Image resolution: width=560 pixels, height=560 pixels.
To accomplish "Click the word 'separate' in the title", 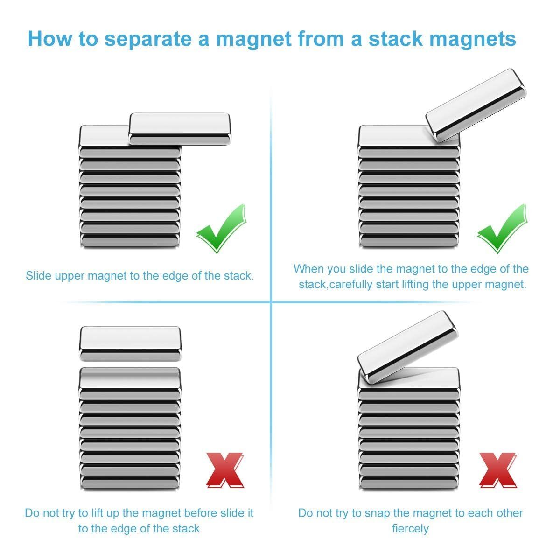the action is click(148, 39).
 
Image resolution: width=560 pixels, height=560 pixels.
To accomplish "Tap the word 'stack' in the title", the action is click(396, 39).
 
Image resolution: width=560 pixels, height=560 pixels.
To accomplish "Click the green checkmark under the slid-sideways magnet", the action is click(221, 228).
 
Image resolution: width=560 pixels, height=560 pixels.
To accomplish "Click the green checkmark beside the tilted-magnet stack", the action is click(502, 228).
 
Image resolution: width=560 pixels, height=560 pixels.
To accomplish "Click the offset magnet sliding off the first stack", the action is click(180, 129).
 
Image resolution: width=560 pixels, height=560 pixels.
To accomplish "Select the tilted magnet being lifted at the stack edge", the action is click(476, 105).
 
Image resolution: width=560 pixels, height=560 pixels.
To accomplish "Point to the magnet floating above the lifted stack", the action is click(130, 343).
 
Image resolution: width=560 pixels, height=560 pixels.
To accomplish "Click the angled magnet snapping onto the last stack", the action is click(408, 347).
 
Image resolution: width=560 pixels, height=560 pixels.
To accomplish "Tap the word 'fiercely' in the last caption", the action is click(410, 528).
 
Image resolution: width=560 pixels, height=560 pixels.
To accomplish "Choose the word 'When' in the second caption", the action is click(309, 269).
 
